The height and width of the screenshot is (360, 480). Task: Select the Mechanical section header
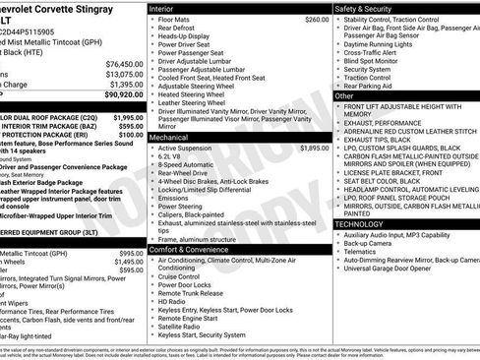point(171,139)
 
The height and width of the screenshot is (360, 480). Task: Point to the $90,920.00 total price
point(121,94)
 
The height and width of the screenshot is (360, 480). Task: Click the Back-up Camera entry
point(375,246)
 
